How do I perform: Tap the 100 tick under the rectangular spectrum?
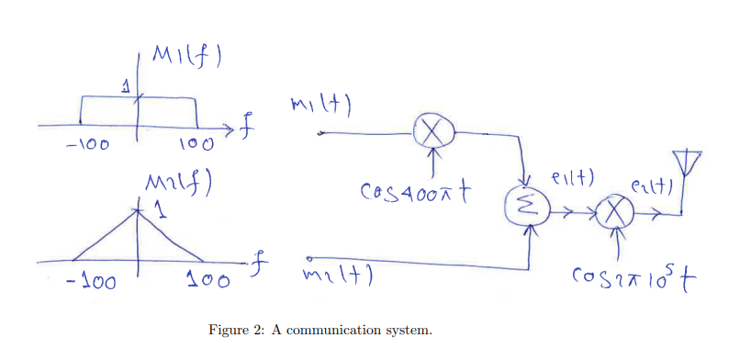[x=196, y=144]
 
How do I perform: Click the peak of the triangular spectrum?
[x=139, y=210]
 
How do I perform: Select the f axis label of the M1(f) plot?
[x=245, y=125]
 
